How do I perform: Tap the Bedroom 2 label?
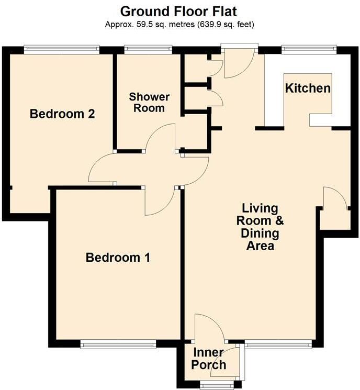click(62, 114)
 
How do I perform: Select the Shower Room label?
click(150, 103)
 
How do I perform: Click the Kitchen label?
click(308, 88)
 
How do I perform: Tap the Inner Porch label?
click(209, 359)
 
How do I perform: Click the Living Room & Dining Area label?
click(260, 226)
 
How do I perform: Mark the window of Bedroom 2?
click(61, 49)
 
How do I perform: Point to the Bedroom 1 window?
click(118, 344)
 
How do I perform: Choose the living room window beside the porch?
click(278, 344)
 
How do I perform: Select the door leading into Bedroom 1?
click(162, 202)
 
